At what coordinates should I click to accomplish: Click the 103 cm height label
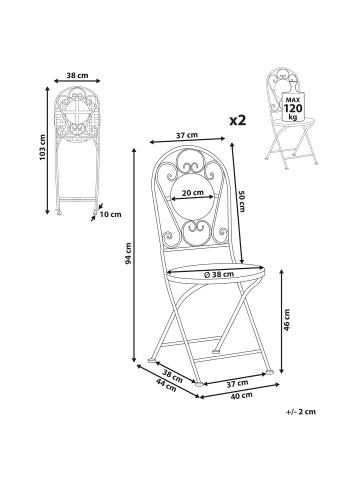click(x=42, y=147)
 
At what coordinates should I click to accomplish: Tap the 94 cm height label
click(x=128, y=253)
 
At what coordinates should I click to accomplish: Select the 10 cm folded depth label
click(x=111, y=214)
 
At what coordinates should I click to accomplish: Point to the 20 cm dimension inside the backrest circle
click(x=192, y=192)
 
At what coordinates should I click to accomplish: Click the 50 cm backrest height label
click(x=242, y=201)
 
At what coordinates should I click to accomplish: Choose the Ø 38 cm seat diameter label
click(x=218, y=274)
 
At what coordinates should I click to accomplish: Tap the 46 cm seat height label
click(x=287, y=320)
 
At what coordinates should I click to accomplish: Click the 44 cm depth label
click(x=166, y=385)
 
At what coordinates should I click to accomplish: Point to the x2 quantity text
click(x=238, y=120)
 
